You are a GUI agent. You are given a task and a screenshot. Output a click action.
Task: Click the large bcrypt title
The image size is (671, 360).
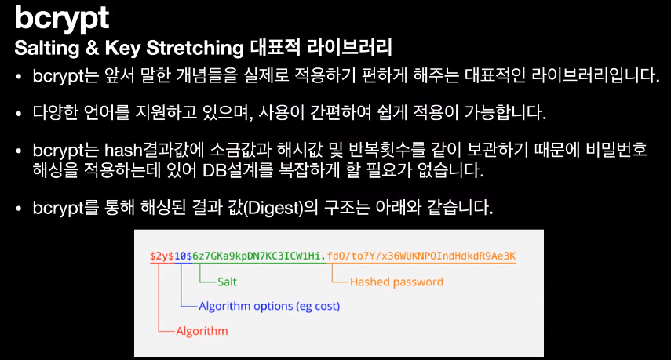(x=62, y=18)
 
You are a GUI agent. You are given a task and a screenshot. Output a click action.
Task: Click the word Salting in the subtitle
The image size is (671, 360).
(x=47, y=48)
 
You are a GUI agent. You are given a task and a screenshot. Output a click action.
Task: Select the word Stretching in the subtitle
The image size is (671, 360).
(x=195, y=48)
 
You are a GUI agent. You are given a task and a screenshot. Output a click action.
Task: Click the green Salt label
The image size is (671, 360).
(x=227, y=282)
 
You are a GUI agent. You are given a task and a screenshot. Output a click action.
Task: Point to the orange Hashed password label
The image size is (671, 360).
(x=396, y=282)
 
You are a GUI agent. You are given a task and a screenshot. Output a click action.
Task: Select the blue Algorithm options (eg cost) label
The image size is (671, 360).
(x=269, y=306)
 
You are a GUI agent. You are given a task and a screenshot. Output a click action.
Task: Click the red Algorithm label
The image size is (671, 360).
(x=202, y=331)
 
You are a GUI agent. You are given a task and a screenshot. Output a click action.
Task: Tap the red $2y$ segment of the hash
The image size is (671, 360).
(x=162, y=256)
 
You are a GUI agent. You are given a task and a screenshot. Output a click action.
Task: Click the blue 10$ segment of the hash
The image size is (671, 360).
(x=183, y=256)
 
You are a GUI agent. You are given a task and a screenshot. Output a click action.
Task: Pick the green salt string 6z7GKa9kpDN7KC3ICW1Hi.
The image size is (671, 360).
(x=259, y=256)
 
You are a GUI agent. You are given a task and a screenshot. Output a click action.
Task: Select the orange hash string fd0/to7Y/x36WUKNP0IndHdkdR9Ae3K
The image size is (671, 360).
(x=421, y=256)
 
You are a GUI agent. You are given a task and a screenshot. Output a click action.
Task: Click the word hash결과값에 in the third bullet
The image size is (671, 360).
(x=155, y=150)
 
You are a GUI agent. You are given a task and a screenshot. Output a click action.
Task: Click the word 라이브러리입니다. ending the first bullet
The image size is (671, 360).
(x=595, y=75)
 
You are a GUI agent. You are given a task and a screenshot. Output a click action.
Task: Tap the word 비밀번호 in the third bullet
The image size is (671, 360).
(x=616, y=150)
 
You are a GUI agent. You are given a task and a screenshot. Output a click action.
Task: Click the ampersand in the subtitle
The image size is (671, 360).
(x=92, y=48)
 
